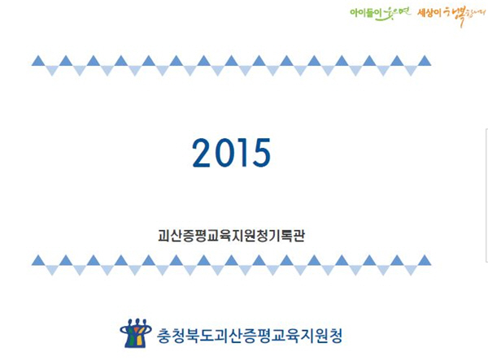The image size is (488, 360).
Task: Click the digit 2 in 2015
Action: point(203,153)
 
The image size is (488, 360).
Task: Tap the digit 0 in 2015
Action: point(224,153)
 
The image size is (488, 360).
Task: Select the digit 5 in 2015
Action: point(261,153)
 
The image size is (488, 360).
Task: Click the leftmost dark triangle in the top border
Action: point(38,61)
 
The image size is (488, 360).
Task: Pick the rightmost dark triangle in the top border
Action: point(425,61)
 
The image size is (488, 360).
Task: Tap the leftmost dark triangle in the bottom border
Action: point(38,261)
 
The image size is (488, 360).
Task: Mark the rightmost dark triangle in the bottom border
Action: point(425,261)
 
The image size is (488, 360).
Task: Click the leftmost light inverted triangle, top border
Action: point(52,70)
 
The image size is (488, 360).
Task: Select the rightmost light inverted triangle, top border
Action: point(411,70)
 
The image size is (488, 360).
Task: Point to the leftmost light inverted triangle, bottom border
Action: point(52,270)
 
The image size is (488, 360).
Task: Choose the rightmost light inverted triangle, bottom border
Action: point(411,270)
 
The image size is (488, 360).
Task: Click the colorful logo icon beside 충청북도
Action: point(136,332)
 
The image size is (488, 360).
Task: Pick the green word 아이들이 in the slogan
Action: point(362,13)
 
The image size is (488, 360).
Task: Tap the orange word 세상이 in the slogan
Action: point(429,13)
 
